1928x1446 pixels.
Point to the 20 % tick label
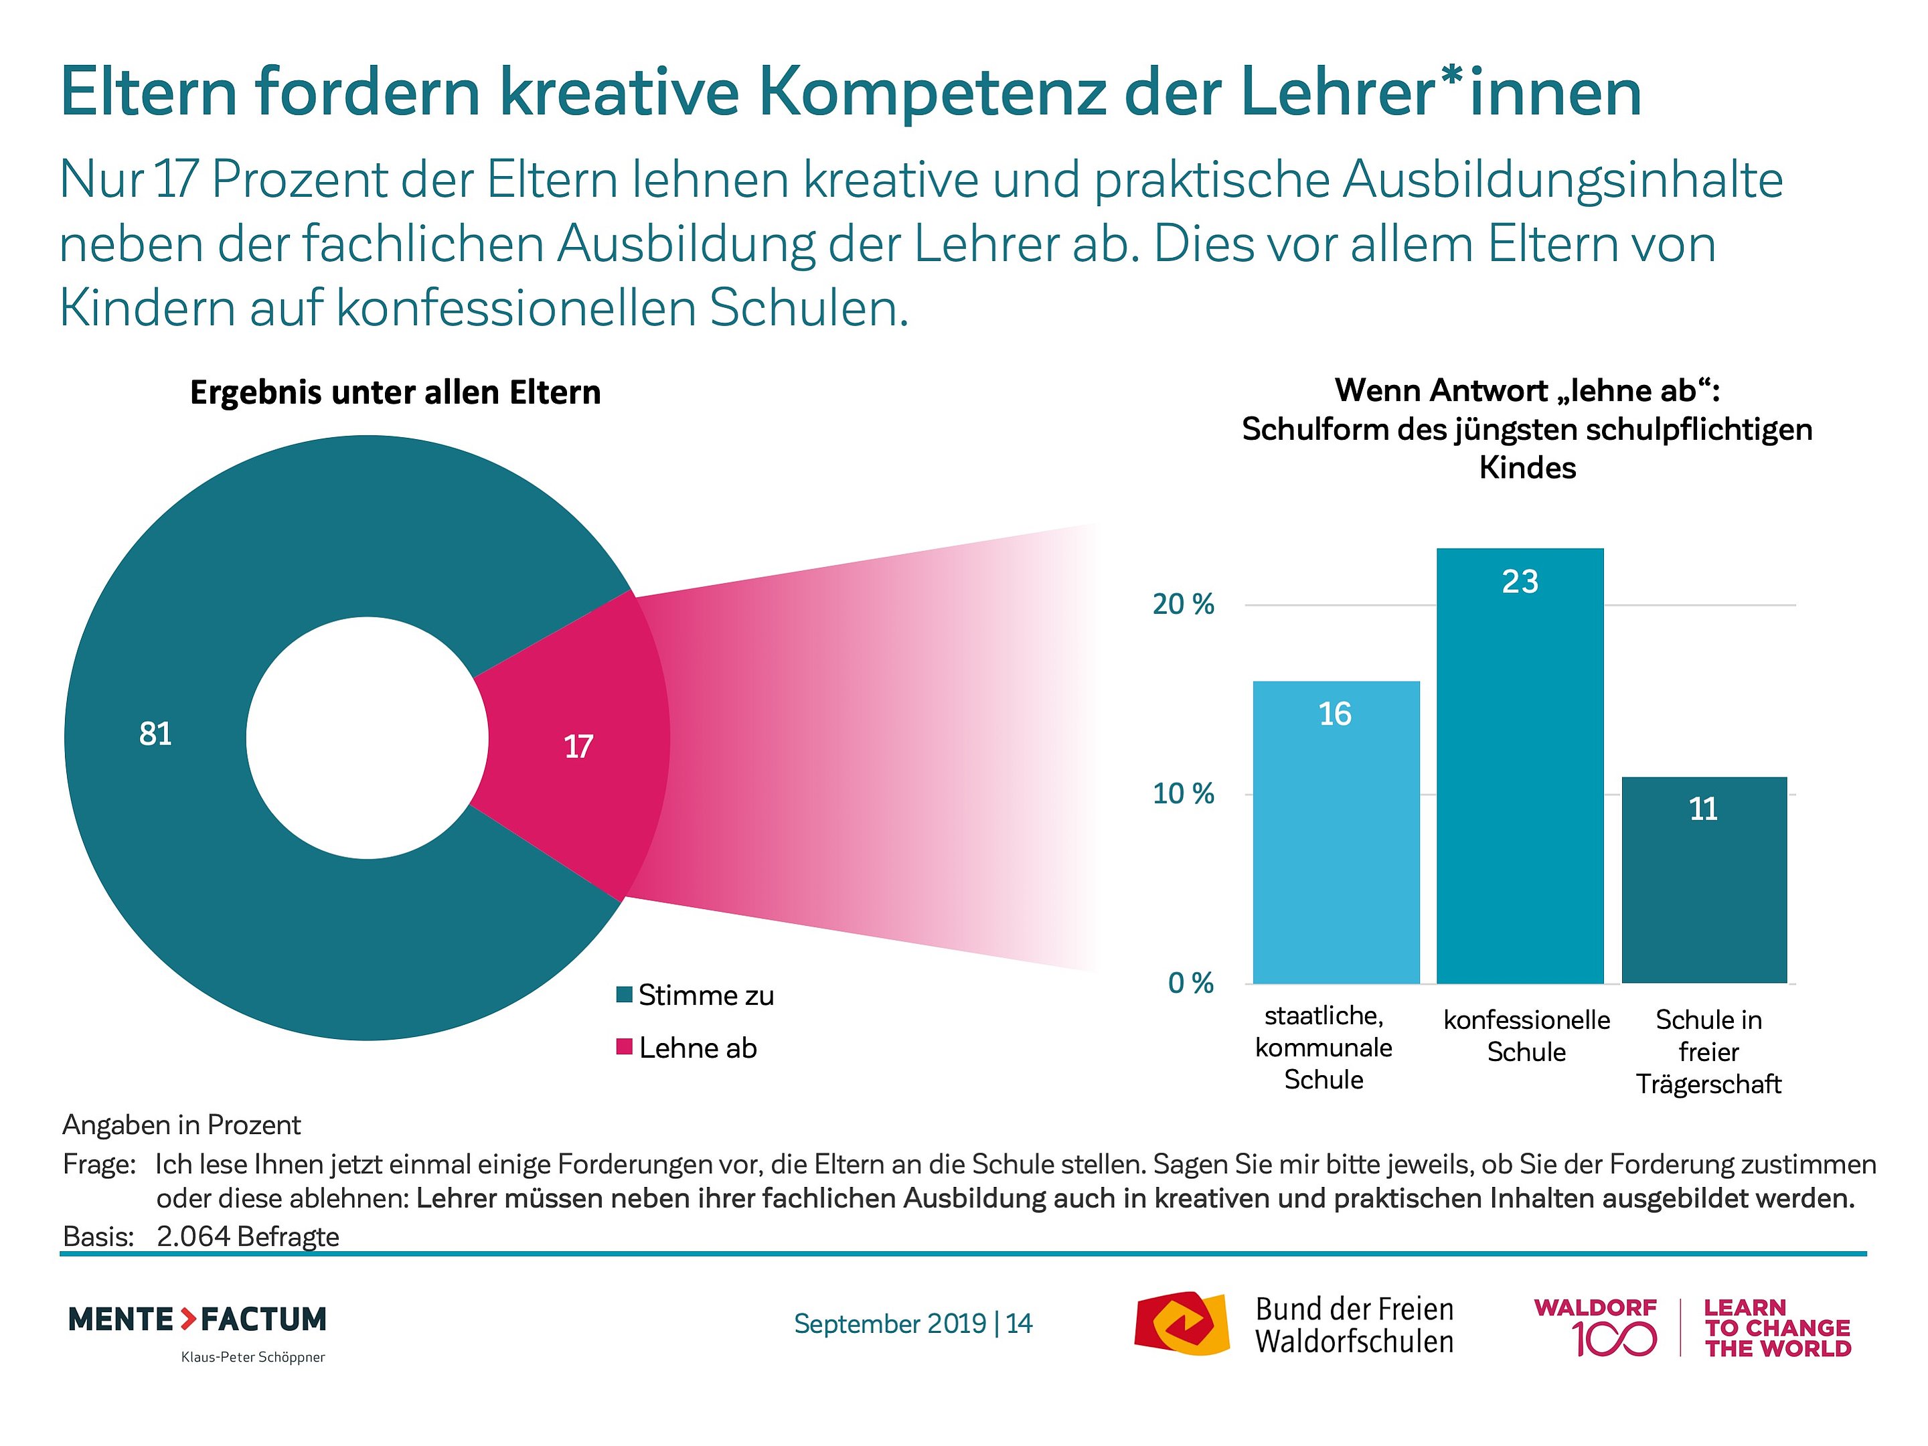pyautogui.click(x=1183, y=604)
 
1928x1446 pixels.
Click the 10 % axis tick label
pyautogui.click(x=1183, y=794)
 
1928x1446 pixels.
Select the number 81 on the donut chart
pyautogui.click(x=155, y=734)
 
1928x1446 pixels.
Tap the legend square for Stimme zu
pyautogui.click(x=624, y=995)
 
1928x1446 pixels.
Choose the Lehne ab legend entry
pyautogui.click(x=698, y=1048)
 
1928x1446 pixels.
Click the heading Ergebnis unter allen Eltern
pyautogui.click(x=395, y=393)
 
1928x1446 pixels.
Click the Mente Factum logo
pyautogui.click(x=197, y=1319)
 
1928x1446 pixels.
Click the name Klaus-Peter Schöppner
pyautogui.click(x=253, y=1357)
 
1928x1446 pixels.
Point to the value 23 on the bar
pyautogui.click(x=1520, y=581)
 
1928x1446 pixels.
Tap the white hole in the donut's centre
pyautogui.click(x=367, y=737)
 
